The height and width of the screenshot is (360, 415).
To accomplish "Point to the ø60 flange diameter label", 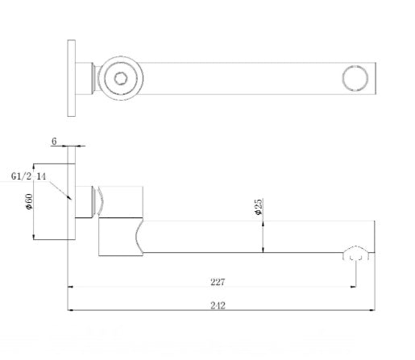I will click(29, 201).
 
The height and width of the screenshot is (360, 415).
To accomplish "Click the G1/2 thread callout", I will click(22, 176).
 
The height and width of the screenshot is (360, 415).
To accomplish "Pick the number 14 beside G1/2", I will click(41, 176).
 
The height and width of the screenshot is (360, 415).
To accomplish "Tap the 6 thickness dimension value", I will click(54, 142).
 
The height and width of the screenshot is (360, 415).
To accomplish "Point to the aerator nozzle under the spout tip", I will click(355, 255).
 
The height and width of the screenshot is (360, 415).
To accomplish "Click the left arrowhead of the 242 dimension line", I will click(71, 309).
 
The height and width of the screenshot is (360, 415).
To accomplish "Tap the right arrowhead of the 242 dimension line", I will click(371, 309).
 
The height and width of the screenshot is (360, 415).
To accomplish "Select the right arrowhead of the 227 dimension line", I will click(352, 286).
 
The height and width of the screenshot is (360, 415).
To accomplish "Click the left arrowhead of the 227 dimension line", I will click(72, 286).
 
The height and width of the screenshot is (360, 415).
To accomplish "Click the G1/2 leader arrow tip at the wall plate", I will click(71, 199).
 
